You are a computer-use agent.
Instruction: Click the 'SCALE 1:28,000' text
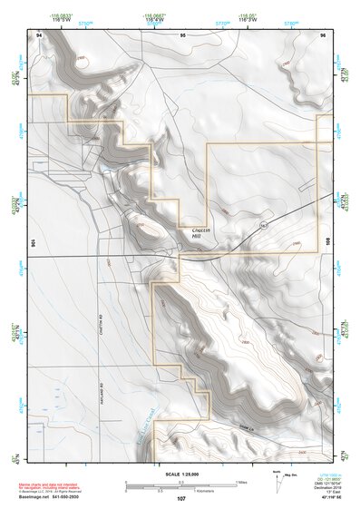(x=181, y=474)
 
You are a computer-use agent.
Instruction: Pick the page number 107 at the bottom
(x=180, y=499)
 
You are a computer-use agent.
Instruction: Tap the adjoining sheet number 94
(x=39, y=34)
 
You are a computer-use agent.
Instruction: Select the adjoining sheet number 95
(x=182, y=34)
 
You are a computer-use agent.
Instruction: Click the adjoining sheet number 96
(x=323, y=34)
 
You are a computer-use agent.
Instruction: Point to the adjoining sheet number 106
(x=34, y=243)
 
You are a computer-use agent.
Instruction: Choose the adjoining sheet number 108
(x=328, y=243)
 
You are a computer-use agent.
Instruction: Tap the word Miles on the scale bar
(x=241, y=482)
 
